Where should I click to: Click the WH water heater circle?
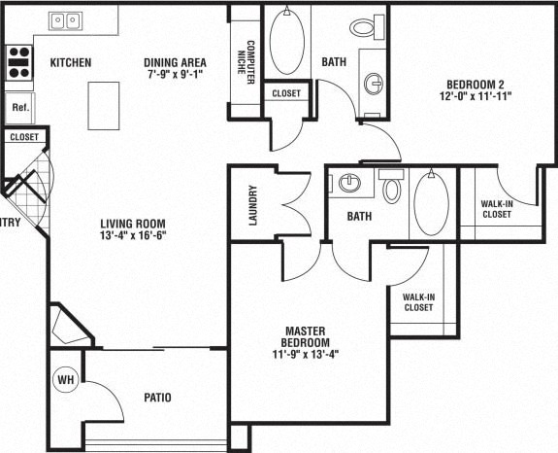coord(66,378)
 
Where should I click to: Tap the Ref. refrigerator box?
coord(18,106)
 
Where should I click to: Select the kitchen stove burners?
coord(17,62)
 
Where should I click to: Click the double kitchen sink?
coord(65,19)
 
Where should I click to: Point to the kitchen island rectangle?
coord(104,105)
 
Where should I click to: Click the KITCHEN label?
coord(70,63)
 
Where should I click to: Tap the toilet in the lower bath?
coord(392,189)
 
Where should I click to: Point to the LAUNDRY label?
coord(252,205)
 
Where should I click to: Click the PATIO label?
coord(157,397)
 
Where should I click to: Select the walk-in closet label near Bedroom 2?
coord(497,209)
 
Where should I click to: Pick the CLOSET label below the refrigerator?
coord(23,137)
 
